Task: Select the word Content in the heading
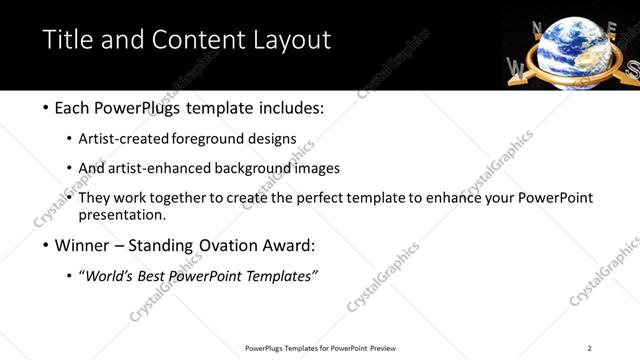[194, 40]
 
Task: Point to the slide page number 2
[589, 348]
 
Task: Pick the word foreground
[210, 138]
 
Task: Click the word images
[319, 168]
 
